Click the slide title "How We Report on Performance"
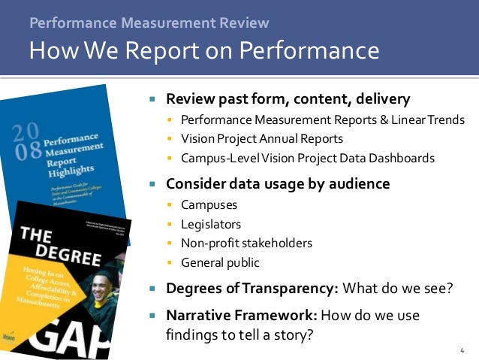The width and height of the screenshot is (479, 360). [203, 51]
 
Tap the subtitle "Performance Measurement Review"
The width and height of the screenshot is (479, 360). [149, 23]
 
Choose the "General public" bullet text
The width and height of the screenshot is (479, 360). [220, 262]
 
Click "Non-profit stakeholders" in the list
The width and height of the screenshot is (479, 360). [246, 243]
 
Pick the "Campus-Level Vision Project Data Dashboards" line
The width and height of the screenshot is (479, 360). [307, 158]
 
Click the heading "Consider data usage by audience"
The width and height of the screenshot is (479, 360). [278, 183]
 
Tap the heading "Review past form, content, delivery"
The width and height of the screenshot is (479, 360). [288, 98]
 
